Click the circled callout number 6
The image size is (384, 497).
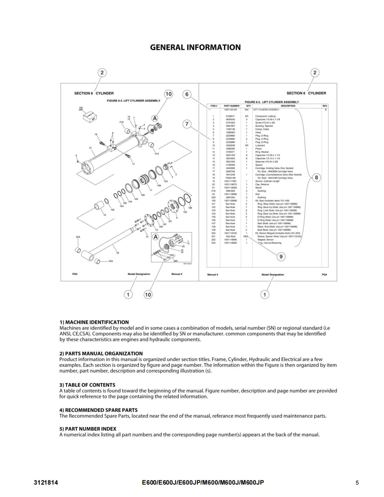pyautogui.click(x=187, y=94)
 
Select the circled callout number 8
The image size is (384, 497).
pyautogui.click(x=316, y=178)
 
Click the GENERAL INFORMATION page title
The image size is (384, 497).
pyautogui.click(x=196, y=47)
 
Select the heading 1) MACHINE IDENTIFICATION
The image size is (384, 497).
pyautogui.click(x=94, y=322)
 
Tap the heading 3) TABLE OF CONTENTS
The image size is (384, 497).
pyautogui.click(x=87, y=385)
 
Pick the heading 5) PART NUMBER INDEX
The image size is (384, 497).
pyautogui.click(x=88, y=429)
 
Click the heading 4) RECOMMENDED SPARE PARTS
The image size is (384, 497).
pyautogui.click(x=98, y=410)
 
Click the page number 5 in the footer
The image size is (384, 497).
pyautogui.click(x=357, y=483)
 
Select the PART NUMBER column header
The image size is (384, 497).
pyautogui.click(x=231, y=106)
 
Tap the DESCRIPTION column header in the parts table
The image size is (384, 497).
pyautogui.click(x=288, y=106)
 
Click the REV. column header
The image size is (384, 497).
pyautogui.click(x=325, y=106)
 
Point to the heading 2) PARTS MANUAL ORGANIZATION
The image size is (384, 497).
pyautogui.click(x=101, y=353)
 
